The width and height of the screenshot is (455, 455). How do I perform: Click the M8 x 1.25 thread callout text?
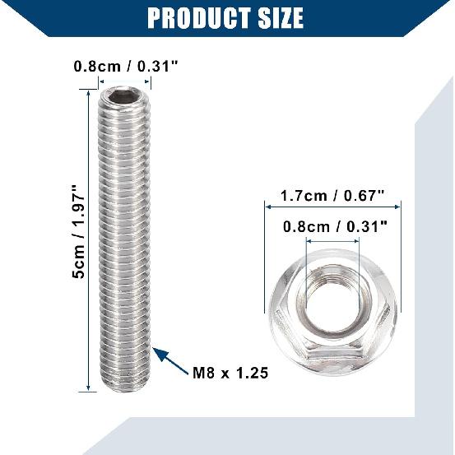pos(230,373)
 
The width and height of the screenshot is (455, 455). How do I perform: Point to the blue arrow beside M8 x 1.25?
pos(171,359)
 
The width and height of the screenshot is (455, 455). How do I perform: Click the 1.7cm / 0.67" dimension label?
pos(332,196)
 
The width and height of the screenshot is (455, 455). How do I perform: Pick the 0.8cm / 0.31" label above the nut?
pos(332,226)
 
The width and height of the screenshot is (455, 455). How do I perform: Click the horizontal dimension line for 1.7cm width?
pos(332,209)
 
